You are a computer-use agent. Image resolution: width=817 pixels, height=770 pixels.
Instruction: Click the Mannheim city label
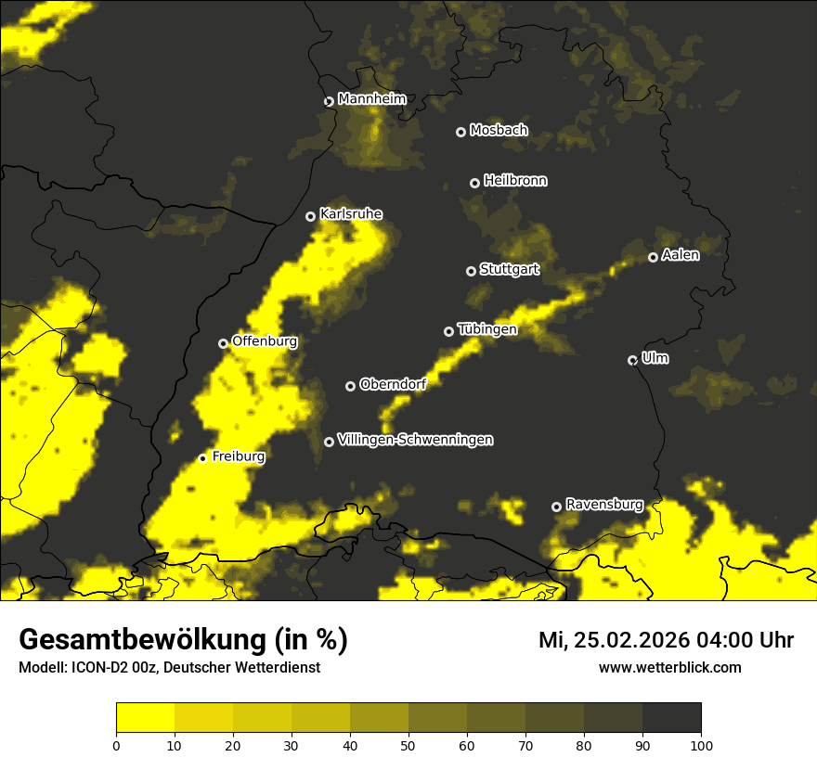pyautogui.click(x=372, y=99)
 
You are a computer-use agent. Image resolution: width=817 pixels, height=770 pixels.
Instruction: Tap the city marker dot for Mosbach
pyautogui.click(x=460, y=132)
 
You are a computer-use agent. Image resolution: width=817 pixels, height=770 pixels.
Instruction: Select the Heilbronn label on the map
pyautogui.click(x=515, y=181)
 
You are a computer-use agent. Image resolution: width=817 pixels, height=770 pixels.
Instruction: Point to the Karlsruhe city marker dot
pyautogui.click(x=311, y=216)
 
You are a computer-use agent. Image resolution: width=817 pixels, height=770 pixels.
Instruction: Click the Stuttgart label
pyautogui.click(x=509, y=270)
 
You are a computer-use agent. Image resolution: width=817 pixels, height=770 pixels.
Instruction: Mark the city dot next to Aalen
pyautogui.click(x=653, y=257)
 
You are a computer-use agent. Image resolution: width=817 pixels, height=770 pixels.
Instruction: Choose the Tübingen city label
pyautogui.click(x=487, y=329)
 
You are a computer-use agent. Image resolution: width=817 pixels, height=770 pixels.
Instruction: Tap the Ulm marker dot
pyautogui.click(x=633, y=360)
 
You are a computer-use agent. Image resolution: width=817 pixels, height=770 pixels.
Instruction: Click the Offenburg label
pyautogui.click(x=265, y=341)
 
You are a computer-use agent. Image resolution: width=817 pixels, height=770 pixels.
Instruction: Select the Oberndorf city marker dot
pyautogui.click(x=350, y=386)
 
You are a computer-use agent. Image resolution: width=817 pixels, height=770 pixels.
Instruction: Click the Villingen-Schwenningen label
pyautogui.click(x=415, y=440)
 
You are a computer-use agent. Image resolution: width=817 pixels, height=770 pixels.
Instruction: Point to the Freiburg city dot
pyautogui.click(x=202, y=458)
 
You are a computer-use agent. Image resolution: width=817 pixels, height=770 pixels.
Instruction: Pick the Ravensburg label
pyautogui.click(x=604, y=505)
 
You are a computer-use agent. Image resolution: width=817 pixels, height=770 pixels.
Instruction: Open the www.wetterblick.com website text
pyautogui.click(x=669, y=667)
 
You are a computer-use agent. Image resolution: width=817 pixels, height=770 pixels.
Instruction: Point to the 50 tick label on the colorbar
pyautogui.click(x=408, y=745)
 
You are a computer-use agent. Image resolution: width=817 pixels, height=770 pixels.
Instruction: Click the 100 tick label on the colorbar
pyautogui.click(x=701, y=745)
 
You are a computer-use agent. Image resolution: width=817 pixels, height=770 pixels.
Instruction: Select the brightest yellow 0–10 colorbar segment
pyautogui.click(x=146, y=718)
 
